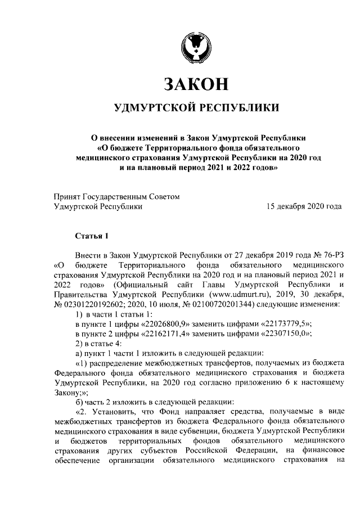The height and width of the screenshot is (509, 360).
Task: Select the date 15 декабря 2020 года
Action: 304,206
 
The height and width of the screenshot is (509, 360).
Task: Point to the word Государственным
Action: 116,196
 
